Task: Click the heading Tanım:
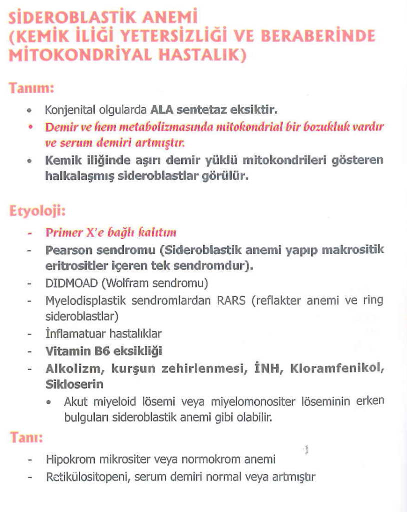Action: click(x=31, y=87)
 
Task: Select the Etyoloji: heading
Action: click(x=37, y=211)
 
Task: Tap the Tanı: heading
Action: click(x=26, y=437)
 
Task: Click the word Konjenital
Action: click(x=66, y=109)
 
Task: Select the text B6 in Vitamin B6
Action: click(x=91, y=351)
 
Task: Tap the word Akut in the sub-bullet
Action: click(x=75, y=401)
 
